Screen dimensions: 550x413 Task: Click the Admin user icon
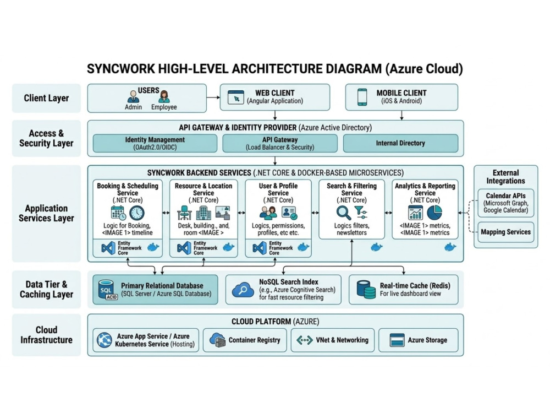133,96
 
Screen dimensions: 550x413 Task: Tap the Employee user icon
164,96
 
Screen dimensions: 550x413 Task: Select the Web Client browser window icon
236,97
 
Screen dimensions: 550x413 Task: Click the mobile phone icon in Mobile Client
362,97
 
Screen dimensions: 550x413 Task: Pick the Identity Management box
155,143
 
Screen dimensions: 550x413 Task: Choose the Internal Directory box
400,143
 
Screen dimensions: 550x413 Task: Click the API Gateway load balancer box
280,143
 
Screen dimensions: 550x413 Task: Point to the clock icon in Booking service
137,213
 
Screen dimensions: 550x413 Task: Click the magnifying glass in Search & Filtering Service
343,213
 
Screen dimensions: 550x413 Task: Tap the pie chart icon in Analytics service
435,213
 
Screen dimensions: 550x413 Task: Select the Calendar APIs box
506,203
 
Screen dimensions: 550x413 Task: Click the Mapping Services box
506,232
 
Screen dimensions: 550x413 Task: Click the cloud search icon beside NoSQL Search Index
243,290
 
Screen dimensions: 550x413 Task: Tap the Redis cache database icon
366,290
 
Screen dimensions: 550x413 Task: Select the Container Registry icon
217,340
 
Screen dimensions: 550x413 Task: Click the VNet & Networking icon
305,340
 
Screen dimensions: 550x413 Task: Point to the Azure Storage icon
397,340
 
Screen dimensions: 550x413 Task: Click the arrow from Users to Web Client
213,97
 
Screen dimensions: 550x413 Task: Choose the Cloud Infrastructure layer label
46,335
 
